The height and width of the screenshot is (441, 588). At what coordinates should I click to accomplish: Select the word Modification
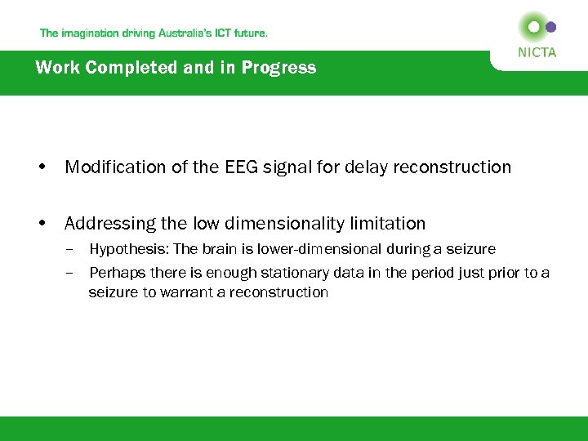pyautogui.click(x=114, y=167)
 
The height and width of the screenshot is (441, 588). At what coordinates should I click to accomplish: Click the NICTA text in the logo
pyautogui.click(x=537, y=52)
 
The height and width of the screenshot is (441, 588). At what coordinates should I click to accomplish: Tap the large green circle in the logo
pyautogui.click(x=533, y=26)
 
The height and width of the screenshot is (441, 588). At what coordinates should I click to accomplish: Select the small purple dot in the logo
pyautogui.click(x=551, y=26)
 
